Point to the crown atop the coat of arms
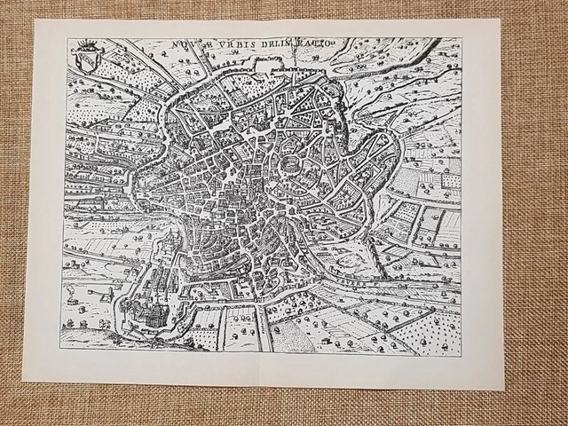click(x=87, y=45)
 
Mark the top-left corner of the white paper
click(x=35, y=20)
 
